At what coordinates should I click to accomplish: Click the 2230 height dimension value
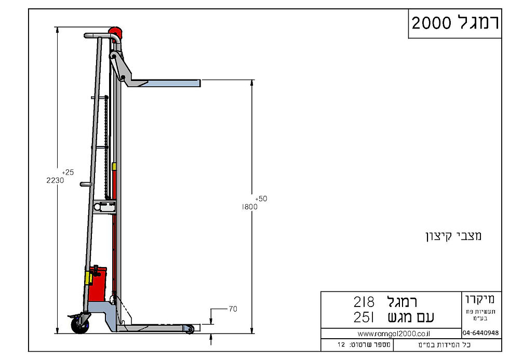[x=55, y=180]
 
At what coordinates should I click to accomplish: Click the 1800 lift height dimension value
[x=250, y=207]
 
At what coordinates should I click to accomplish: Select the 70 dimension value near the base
[x=233, y=309]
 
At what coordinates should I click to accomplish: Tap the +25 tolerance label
[x=68, y=172]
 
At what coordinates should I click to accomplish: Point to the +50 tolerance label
[x=261, y=198]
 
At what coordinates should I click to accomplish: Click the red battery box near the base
[x=98, y=284]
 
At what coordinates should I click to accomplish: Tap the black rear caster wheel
[x=79, y=325]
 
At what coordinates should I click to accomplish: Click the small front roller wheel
[x=189, y=329]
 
